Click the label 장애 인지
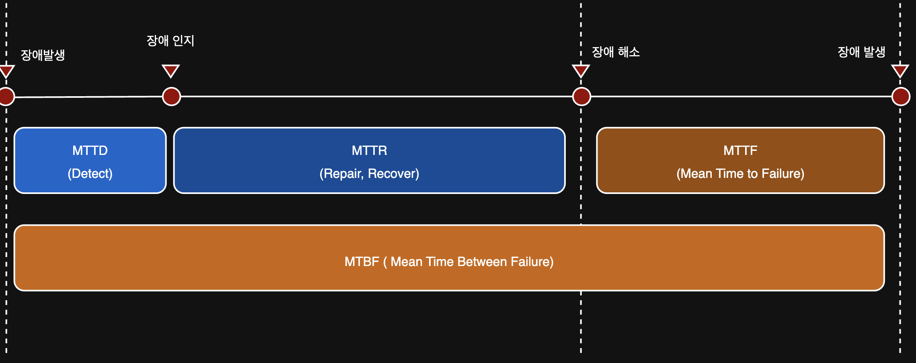[170, 41]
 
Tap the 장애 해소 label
[616, 52]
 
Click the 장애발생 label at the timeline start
[43, 55]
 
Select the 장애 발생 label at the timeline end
[861, 52]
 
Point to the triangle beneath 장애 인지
[171, 70]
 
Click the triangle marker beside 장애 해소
[581, 70]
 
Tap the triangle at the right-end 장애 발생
[900, 70]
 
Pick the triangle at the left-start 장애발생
[6, 71]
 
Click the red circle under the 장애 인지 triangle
[171, 97]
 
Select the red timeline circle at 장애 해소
[581, 97]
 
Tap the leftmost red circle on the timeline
[6, 97]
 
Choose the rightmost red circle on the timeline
[901, 97]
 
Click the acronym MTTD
[90, 151]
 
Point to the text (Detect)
[90, 173]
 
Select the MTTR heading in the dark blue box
[370, 151]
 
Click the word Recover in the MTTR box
[394, 173]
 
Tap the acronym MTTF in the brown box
[740, 151]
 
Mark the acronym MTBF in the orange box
[362, 262]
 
